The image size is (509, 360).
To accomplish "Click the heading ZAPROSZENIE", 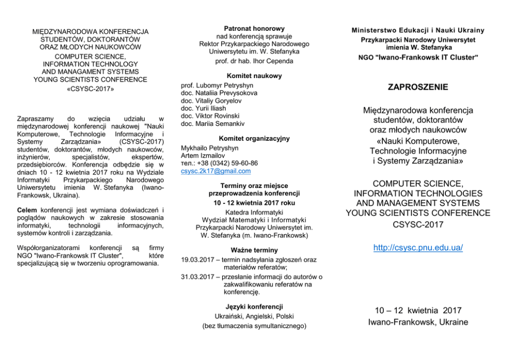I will [x=418, y=87].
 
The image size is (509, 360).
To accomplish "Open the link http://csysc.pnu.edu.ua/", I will [x=418, y=248].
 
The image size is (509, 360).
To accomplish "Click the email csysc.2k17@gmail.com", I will [x=216, y=171].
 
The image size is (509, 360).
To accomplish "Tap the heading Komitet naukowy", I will [x=254, y=75].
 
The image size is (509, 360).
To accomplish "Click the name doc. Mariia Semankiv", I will [x=213, y=124].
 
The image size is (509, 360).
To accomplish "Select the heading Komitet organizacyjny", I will [x=254, y=138].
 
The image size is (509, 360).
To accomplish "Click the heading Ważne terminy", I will [x=254, y=250].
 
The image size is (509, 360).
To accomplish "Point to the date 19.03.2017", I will [x=198, y=260].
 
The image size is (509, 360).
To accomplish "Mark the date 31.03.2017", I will [x=198, y=277].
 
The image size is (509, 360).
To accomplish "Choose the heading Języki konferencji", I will [x=254, y=307].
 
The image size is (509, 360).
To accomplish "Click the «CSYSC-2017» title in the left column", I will [x=90, y=89].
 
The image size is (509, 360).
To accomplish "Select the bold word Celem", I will [x=27, y=210].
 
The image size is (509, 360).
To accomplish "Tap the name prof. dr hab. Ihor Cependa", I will [x=254, y=61].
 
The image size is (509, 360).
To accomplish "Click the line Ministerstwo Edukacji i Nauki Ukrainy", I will [x=418, y=30].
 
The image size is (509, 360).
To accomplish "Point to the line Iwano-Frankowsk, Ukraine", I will [x=418, y=322].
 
